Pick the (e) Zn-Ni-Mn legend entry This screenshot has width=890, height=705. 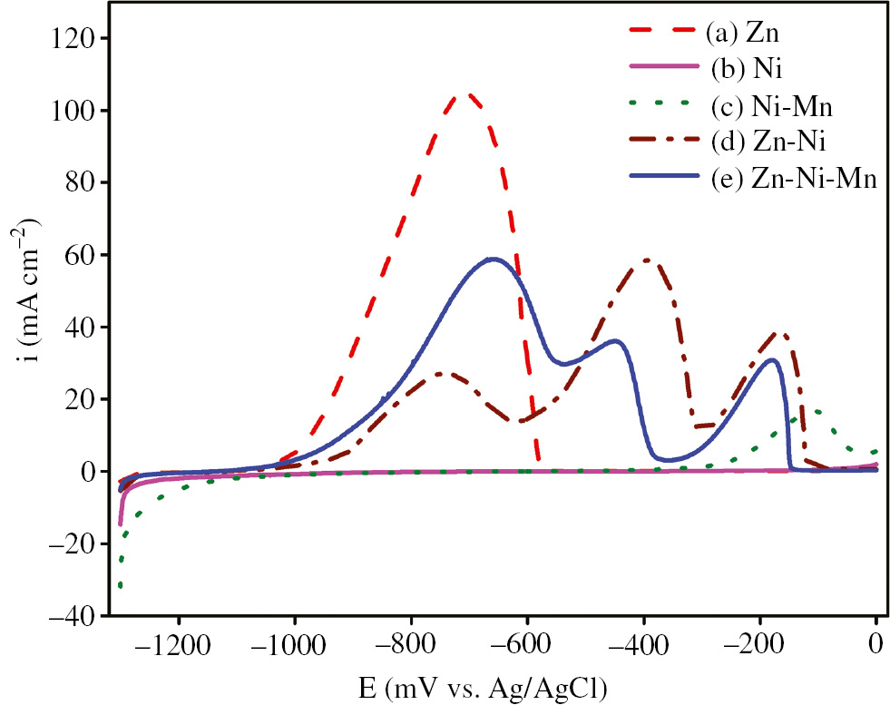(x=791, y=179)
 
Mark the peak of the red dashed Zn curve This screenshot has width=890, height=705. (x=468, y=94)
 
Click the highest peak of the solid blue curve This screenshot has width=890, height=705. (x=493, y=259)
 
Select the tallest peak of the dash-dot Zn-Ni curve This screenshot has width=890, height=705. (x=646, y=259)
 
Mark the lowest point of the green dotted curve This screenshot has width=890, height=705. (x=120, y=587)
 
